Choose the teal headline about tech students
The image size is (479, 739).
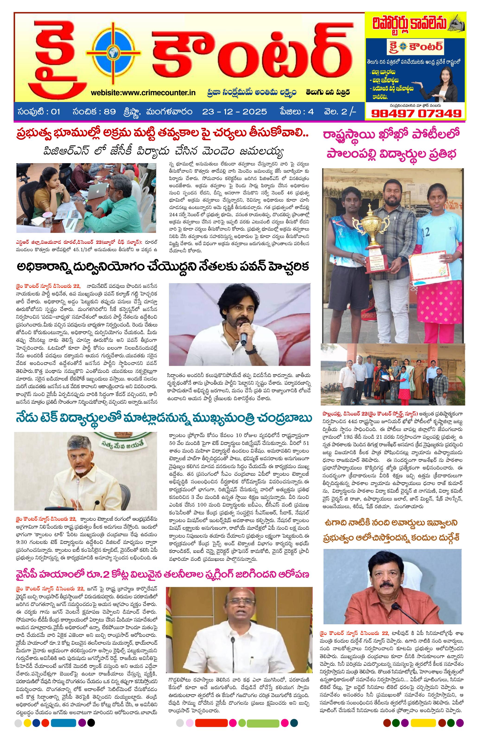click(x=164, y=418)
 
